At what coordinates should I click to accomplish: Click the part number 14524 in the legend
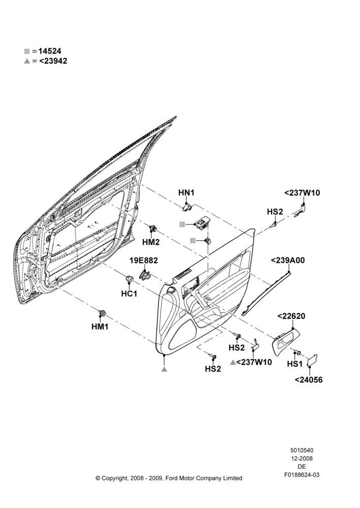point(50,51)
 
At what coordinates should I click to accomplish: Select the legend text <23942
point(53,61)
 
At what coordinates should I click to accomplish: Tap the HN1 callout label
point(186,193)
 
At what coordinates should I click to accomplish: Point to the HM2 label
point(151,242)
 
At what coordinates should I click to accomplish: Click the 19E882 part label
point(143,260)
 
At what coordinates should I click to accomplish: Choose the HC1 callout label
point(129,294)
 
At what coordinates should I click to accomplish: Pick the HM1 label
point(100,327)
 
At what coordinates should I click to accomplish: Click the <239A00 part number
point(288,260)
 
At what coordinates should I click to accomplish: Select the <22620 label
point(291,316)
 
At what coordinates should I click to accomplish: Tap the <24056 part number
point(309,379)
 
